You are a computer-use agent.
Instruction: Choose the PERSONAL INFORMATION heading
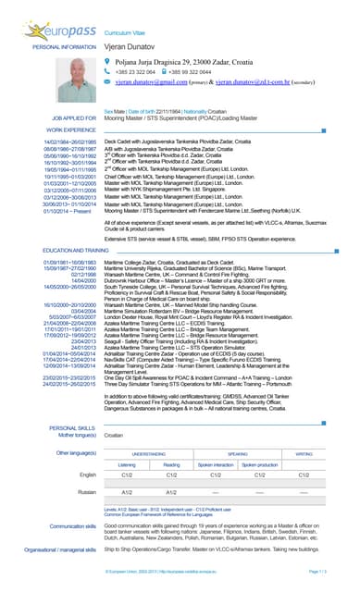coord(64,45)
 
